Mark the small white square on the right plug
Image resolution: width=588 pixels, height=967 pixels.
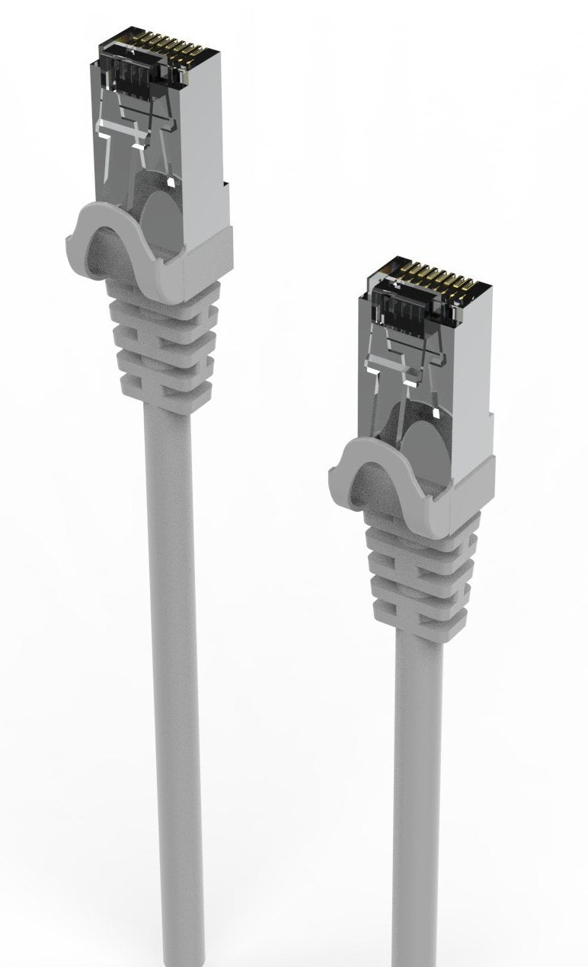point(437,413)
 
